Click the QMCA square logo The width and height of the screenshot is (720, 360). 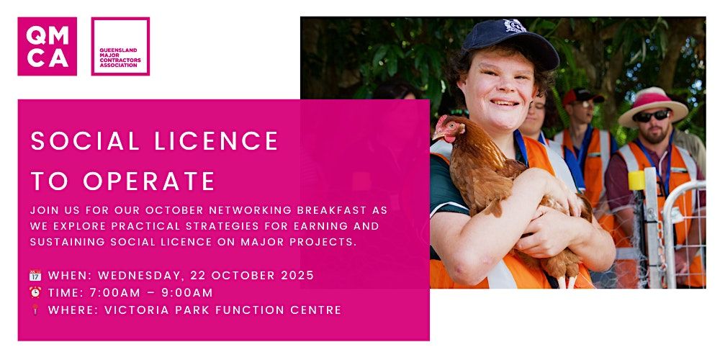(x=48, y=46)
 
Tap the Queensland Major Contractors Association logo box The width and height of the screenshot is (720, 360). (x=120, y=46)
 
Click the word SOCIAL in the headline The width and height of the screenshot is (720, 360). (x=85, y=141)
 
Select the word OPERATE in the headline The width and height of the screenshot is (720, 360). (x=149, y=181)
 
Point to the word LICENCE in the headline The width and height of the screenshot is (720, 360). (x=216, y=141)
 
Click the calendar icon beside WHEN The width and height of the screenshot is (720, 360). (x=35, y=276)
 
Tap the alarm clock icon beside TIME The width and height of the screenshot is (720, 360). (x=35, y=292)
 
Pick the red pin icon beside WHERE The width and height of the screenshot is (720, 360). (x=35, y=310)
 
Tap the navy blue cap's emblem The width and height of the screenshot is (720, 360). (x=514, y=25)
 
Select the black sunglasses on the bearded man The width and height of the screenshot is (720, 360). (x=652, y=115)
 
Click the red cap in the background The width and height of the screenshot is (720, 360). (x=582, y=96)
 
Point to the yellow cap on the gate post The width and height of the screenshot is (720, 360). (x=637, y=181)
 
